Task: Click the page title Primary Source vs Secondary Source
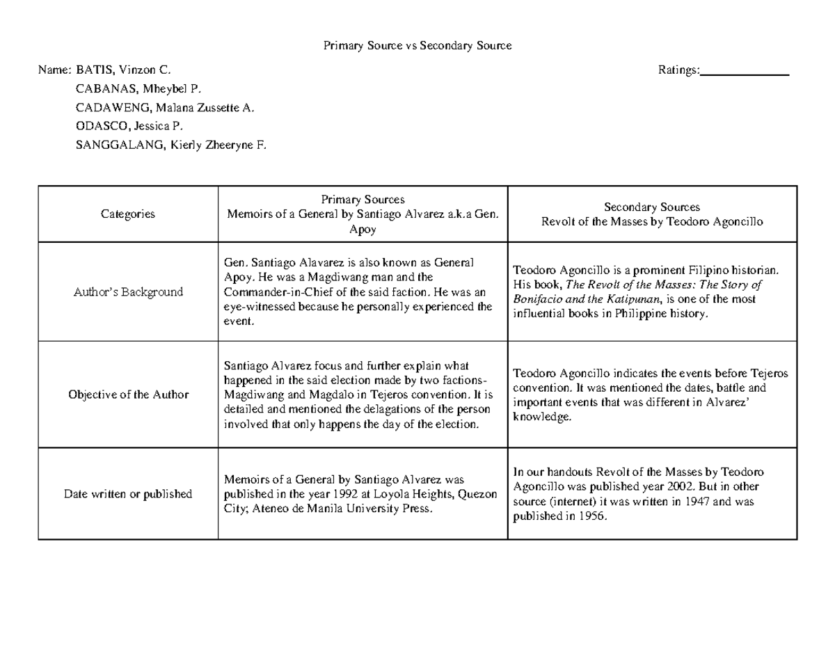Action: pyautogui.click(x=417, y=46)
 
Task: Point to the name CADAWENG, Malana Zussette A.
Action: pyautogui.click(x=165, y=108)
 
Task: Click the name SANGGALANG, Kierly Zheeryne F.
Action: pyautogui.click(x=170, y=145)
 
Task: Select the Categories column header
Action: pyautogui.click(x=128, y=214)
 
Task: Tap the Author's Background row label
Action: pyautogui.click(x=128, y=292)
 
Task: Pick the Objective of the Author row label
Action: pyautogui.click(x=128, y=395)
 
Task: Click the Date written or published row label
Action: pyautogui.click(x=128, y=494)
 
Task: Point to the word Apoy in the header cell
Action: pyautogui.click(x=363, y=229)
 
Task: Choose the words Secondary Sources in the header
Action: pyautogui.click(x=651, y=207)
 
